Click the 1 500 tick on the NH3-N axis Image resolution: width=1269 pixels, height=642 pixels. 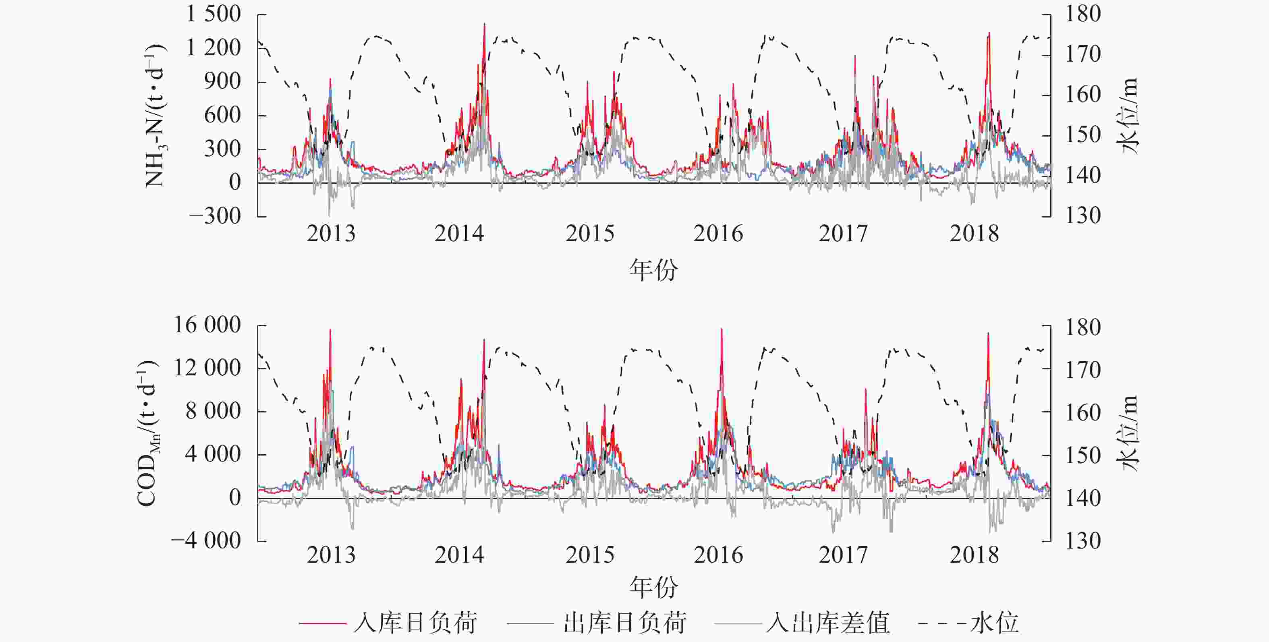coord(213,14)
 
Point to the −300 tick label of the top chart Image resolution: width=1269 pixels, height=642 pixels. coord(215,216)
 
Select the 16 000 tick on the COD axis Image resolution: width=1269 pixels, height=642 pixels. coord(207,325)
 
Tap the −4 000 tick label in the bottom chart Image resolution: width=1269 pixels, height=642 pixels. coord(206,541)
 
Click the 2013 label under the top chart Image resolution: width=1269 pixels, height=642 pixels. coord(331,233)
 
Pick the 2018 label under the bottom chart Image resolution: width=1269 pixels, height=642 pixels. coord(974,555)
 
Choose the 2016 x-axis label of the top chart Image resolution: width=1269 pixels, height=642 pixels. coord(718,233)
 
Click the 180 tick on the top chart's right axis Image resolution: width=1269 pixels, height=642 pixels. coord(1083,14)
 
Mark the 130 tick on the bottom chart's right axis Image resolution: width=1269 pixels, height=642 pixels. coord(1083,541)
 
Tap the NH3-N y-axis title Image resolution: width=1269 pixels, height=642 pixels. coord(155,116)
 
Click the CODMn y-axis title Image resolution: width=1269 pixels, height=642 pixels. coord(147,433)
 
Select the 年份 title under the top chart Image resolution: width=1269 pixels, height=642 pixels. coord(653,270)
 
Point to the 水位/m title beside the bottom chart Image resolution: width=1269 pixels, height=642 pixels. coord(1130,433)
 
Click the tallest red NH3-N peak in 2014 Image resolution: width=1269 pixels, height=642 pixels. coord(484,25)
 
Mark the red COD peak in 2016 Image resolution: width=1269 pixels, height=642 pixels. coord(722,330)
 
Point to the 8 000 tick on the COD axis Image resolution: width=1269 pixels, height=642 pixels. coord(213,411)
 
